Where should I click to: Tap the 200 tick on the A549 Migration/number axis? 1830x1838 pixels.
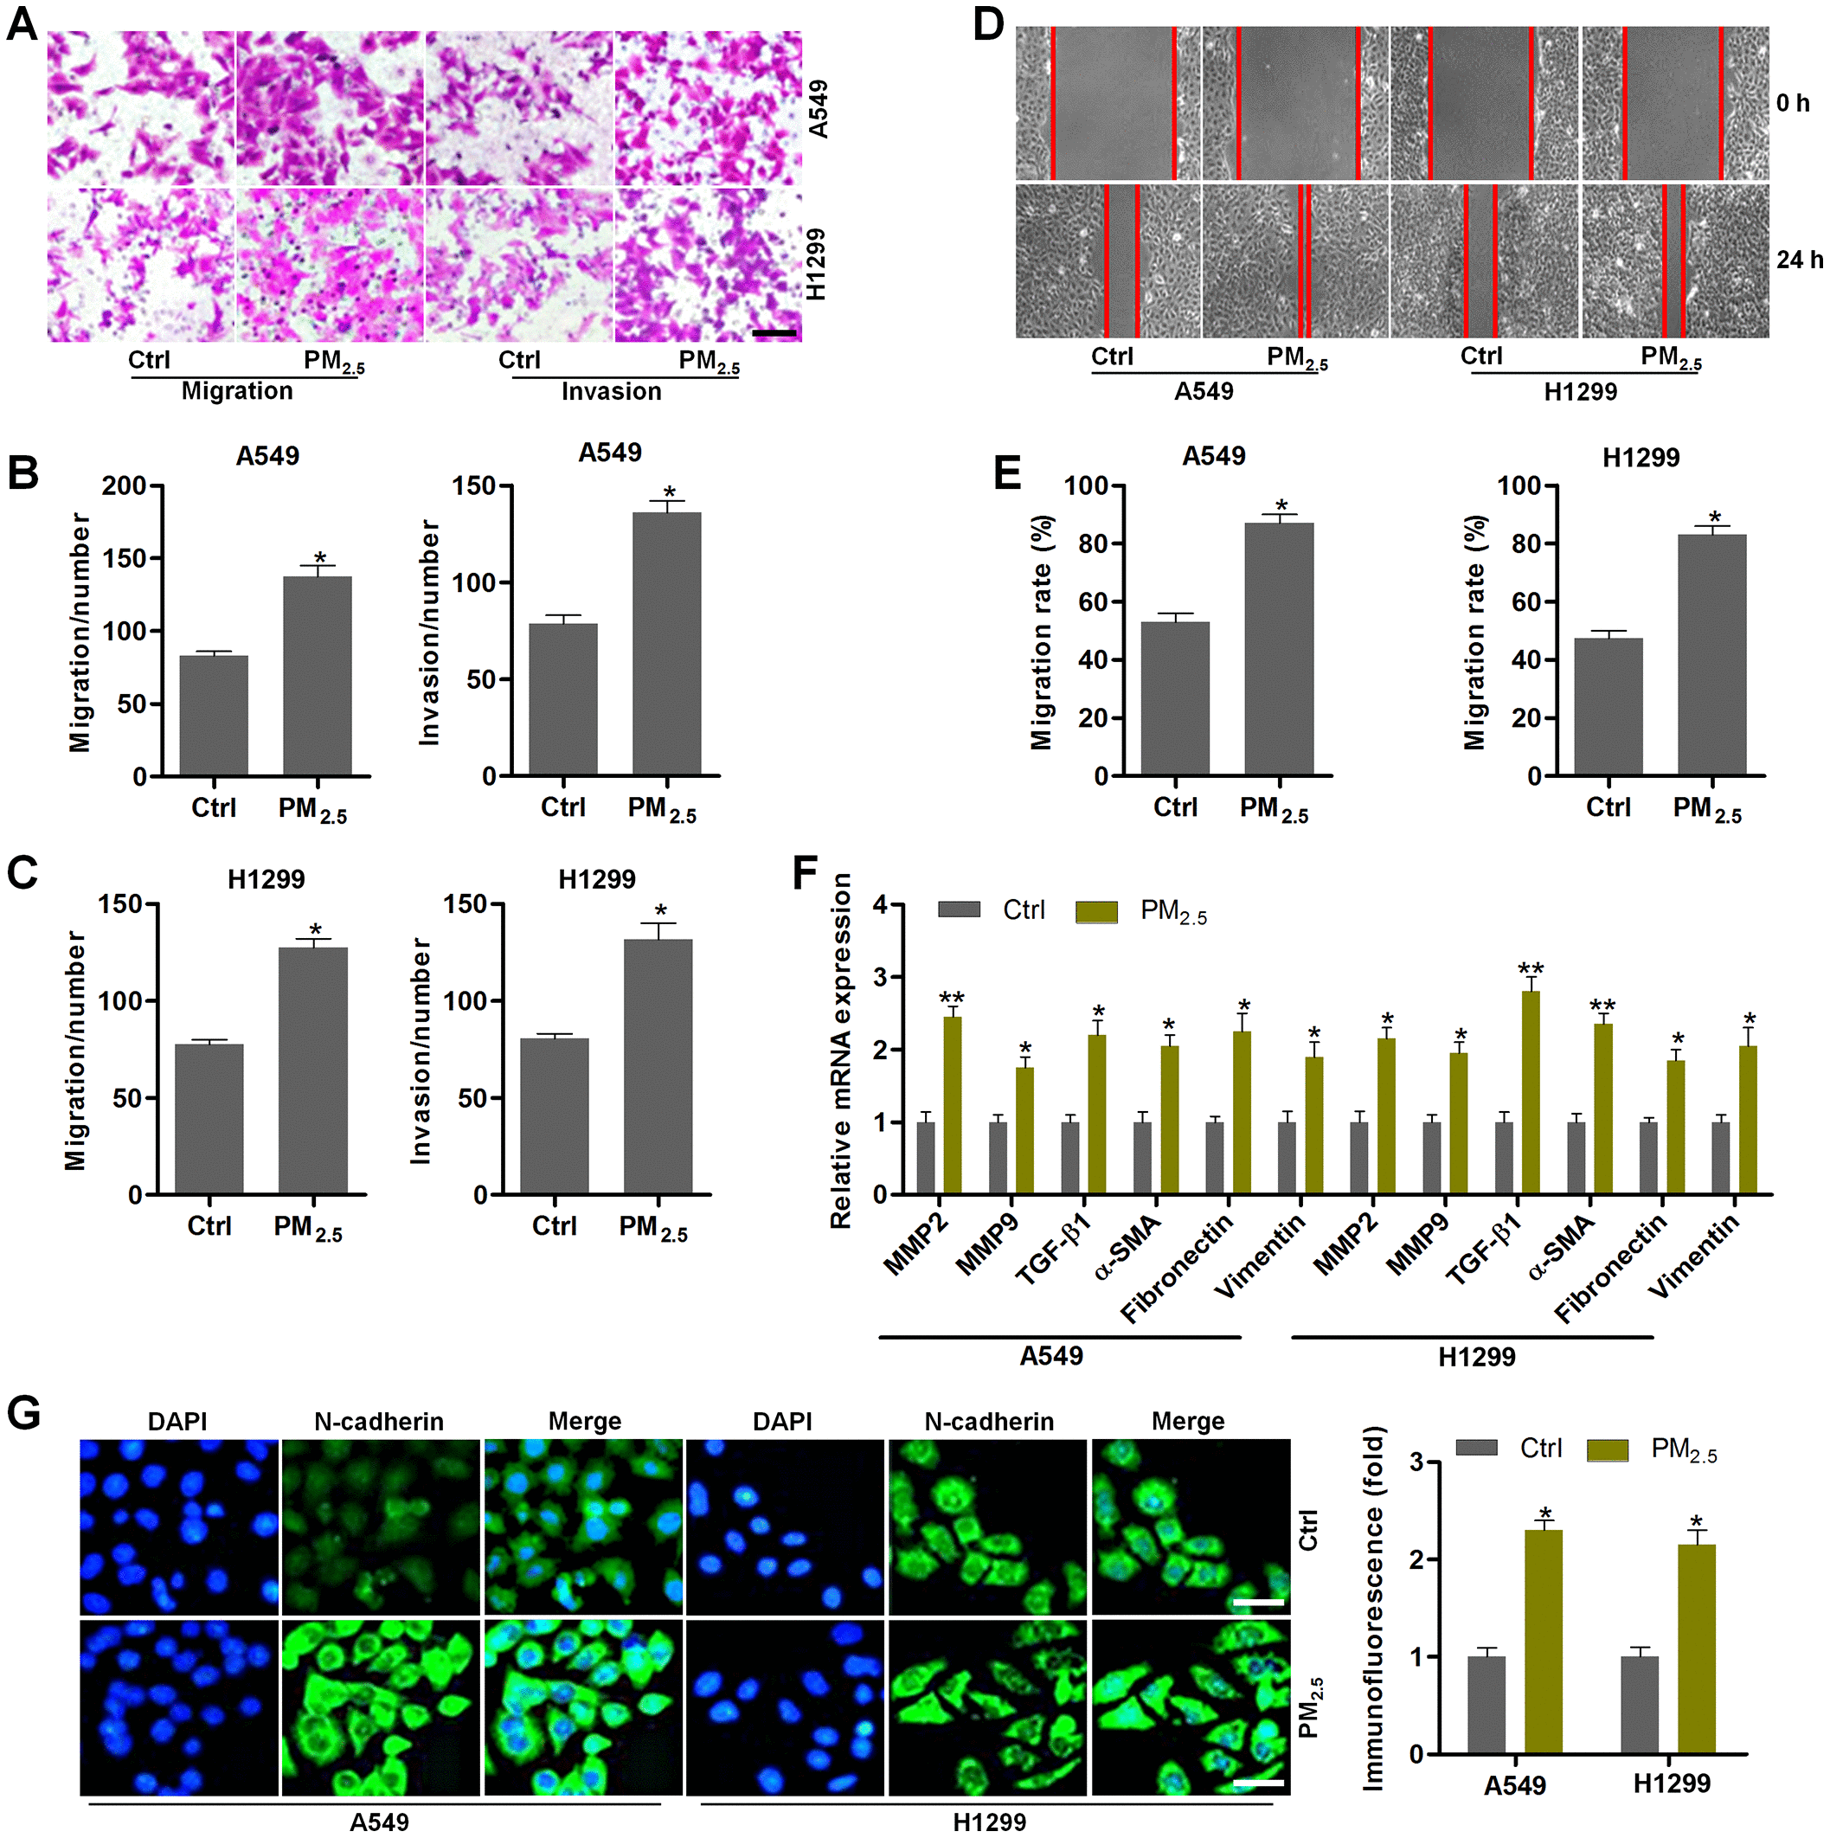125,486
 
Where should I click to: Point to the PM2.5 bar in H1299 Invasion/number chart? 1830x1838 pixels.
658,1065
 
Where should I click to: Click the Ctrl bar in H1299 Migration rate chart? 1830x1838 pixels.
1608,706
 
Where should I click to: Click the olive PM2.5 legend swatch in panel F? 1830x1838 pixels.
1095,911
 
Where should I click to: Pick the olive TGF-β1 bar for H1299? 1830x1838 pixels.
1531,1092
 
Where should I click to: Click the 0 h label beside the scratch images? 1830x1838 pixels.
1793,103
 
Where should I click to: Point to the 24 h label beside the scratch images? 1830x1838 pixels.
1800,259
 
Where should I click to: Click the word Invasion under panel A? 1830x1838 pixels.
611,391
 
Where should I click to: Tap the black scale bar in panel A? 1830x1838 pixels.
774,333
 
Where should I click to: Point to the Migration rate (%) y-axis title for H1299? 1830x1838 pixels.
1475,633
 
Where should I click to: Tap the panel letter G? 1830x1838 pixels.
22,1413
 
